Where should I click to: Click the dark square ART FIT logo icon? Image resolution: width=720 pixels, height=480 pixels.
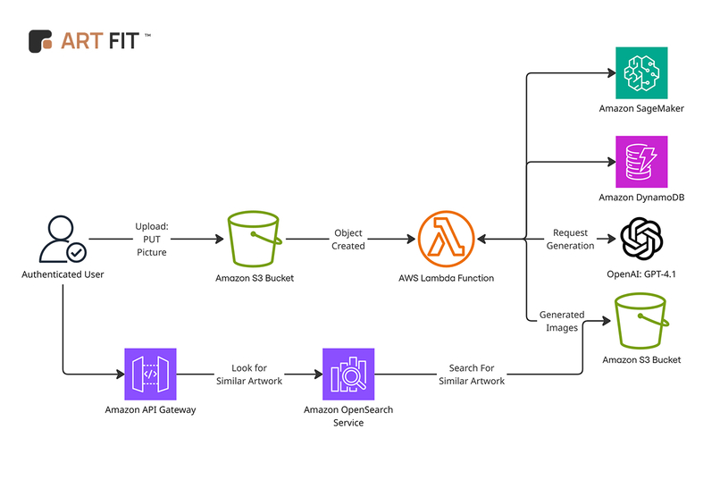click(40, 41)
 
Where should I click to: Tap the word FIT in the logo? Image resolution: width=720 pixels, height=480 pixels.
click(120, 41)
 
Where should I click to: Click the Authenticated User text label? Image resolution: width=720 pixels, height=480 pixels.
click(63, 274)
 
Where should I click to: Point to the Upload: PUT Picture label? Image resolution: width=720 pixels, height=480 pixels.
click(152, 240)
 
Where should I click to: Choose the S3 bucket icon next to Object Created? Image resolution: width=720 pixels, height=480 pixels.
click(255, 240)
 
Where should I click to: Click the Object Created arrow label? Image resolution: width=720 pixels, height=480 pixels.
click(348, 240)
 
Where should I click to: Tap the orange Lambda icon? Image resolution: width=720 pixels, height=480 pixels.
click(446, 240)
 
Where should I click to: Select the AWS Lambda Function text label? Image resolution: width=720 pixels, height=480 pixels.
click(446, 278)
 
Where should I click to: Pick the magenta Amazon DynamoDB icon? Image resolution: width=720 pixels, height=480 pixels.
click(641, 162)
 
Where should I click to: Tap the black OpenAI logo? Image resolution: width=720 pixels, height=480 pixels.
click(641, 239)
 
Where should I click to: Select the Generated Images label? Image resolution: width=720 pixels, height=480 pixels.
click(562, 321)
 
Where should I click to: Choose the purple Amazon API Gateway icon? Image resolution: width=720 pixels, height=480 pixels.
click(150, 374)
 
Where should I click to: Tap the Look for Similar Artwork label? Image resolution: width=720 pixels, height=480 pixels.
click(248, 375)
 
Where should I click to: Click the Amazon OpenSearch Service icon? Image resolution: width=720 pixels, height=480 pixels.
click(347, 374)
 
